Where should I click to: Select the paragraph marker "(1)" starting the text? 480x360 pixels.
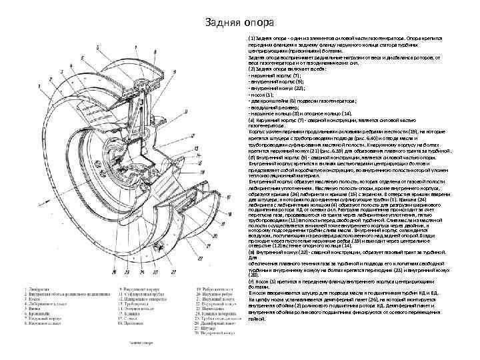[251, 39]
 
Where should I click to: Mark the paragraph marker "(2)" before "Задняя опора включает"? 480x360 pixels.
[251, 69]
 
